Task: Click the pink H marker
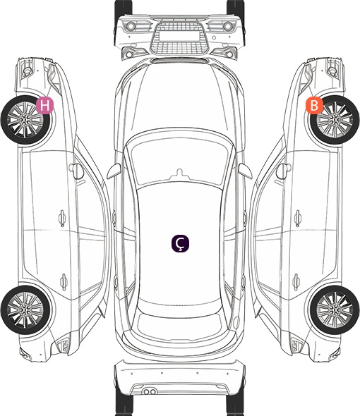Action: [45, 105]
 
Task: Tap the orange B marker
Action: [314, 105]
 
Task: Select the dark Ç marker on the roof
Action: [180, 243]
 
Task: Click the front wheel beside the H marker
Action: [26, 120]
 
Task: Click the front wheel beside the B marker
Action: [335, 120]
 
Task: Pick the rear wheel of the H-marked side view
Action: [26, 310]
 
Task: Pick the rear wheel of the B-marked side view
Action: [335, 310]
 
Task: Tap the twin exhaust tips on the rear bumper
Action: [150, 391]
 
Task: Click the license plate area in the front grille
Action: [179, 36]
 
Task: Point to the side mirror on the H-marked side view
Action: [76, 171]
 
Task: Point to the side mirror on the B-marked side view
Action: [284, 171]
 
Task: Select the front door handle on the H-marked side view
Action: [62, 218]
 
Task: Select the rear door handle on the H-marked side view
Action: [64, 282]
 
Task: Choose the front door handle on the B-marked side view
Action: [298, 218]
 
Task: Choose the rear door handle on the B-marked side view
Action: [296, 282]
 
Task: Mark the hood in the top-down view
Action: [179, 98]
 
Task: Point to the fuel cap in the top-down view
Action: [236, 322]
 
